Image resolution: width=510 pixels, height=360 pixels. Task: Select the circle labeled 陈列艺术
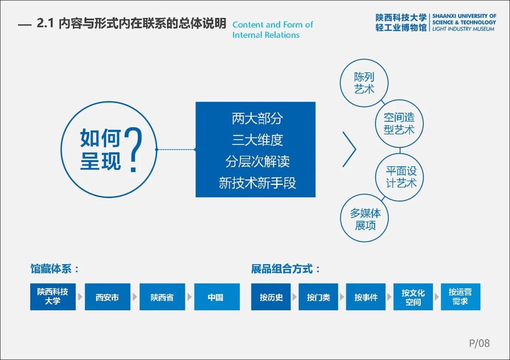tap(364, 83)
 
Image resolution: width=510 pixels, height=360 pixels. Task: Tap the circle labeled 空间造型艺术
tap(399, 124)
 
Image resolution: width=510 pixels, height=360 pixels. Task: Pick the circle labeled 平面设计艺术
tap(400, 177)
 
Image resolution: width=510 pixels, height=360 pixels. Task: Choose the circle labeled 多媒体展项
tap(364, 218)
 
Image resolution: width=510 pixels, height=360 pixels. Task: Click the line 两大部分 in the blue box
tap(257, 118)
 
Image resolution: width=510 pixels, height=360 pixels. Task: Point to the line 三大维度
tap(257, 140)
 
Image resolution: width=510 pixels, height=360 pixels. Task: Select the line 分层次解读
tap(257, 161)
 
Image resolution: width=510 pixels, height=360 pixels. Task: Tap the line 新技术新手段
tap(257, 183)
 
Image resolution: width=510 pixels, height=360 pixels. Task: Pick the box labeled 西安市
tap(107, 297)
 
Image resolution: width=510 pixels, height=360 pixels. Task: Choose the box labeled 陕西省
tap(162, 297)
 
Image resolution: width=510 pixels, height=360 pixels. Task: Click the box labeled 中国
tap(217, 297)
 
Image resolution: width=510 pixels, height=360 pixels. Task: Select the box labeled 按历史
tap(271, 297)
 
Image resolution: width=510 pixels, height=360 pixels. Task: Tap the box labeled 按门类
tap(318, 297)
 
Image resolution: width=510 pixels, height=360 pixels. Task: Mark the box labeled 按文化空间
tap(413, 297)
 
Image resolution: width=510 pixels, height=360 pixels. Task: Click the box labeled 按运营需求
tap(460, 297)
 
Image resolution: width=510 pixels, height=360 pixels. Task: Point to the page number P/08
tap(479, 343)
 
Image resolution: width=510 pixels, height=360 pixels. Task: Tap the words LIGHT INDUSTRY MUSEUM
tap(463, 29)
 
